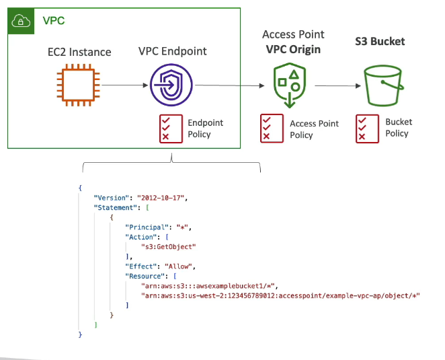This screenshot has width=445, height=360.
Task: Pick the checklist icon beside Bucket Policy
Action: click(x=365, y=128)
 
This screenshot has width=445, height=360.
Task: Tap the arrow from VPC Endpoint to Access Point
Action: click(x=229, y=86)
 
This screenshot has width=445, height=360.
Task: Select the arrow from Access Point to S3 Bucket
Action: click(x=334, y=86)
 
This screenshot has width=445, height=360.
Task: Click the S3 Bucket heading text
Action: click(x=380, y=42)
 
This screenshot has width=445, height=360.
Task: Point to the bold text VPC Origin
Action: click(x=293, y=48)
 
